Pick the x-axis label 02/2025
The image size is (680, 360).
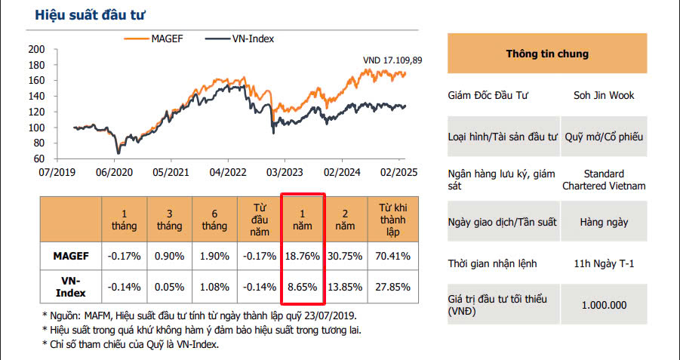coord(399,173)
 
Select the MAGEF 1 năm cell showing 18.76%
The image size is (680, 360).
coord(303,256)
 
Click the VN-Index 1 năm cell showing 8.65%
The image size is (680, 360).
coord(303,288)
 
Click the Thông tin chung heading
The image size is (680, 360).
coord(547,54)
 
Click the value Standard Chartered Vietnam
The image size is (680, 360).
coord(604,180)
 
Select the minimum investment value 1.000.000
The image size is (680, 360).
coord(604,305)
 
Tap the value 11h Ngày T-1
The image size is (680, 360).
coord(604,264)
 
